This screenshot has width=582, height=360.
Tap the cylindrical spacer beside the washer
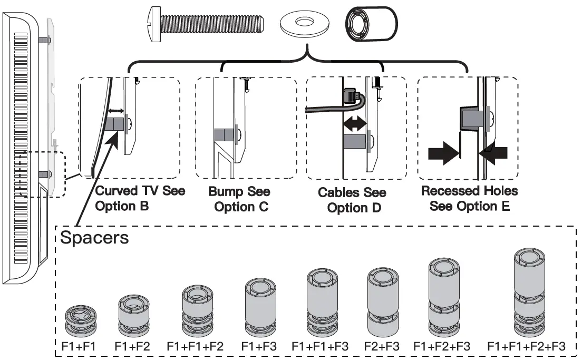(x=371, y=24)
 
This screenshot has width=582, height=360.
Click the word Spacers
(x=94, y=238)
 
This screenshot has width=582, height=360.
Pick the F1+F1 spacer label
(x=79, y=346)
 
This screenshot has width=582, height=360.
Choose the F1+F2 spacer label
(x=132, y=346)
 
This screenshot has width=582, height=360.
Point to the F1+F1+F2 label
(x=195, y=346)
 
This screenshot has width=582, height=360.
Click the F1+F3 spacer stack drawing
(x=260, y=308)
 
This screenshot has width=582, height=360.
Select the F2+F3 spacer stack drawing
(x=383, y=302)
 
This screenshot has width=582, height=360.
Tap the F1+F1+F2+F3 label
(x=526, y=346)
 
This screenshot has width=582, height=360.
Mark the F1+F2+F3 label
(x=442, y=346)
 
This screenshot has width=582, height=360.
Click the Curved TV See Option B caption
(x=140, y=198)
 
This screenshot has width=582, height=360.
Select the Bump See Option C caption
(x=240, y=199)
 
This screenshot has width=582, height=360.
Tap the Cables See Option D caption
(x=352, y=200)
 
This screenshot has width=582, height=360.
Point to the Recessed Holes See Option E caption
(x=470, y=198)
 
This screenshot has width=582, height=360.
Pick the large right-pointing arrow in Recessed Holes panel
(x=443, y=153)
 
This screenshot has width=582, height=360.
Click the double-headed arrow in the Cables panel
(x=355, y=123)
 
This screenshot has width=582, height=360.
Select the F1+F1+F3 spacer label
(x=320, y=346)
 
